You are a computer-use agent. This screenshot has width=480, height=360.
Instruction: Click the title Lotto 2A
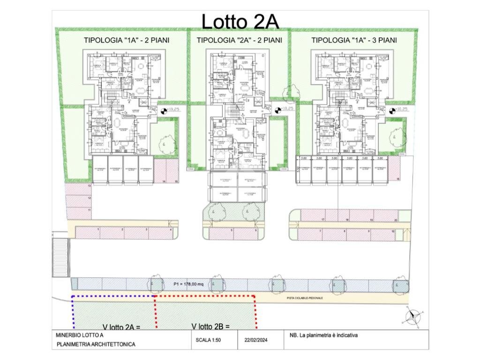[x=240, y=22]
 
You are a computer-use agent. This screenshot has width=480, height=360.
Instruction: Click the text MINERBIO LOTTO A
[x=80, y=335]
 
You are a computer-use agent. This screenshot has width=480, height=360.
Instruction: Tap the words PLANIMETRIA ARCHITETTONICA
[x=96, y=345]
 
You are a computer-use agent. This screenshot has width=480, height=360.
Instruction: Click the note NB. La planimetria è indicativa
[x=323, y=335]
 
